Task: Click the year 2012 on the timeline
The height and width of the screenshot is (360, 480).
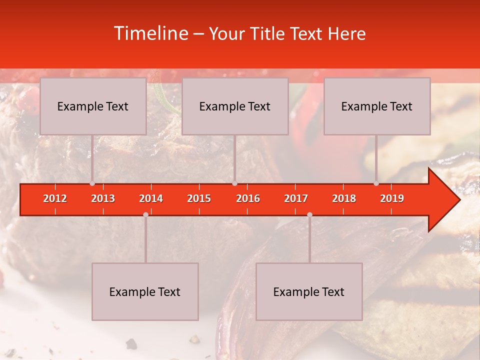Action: tap(55, 198)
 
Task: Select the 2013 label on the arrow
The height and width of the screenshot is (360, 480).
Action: tap(103, 198)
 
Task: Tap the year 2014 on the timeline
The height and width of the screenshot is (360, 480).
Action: tap(151, 198)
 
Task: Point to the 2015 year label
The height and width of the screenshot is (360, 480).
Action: tap(199, 198)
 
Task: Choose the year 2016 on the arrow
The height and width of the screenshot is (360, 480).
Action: tap(248, 198)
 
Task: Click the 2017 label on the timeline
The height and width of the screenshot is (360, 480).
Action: tap(296, 198)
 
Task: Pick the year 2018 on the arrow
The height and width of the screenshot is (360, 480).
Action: tap(344, 198)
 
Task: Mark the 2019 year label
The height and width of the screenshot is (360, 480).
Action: tap(392, 198)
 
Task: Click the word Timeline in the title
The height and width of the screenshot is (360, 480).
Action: tap(150, 33)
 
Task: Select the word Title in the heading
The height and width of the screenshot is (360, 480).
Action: tap(269, 33)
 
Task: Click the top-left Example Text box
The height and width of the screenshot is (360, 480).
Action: tap(93, 106)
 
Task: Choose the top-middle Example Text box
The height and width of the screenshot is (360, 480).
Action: tap(235, 106)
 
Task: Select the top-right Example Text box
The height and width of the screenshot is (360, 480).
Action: tap(377, 106)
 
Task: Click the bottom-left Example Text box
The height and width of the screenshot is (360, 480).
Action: tap(145, 291)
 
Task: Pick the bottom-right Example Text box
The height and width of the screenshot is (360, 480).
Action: tap(309, 291)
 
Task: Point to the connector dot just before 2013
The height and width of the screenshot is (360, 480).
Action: tap(92, 183)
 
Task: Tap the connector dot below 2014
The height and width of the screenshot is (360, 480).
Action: tap(145, 214)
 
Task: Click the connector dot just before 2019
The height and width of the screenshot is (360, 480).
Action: tap(376, 183)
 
